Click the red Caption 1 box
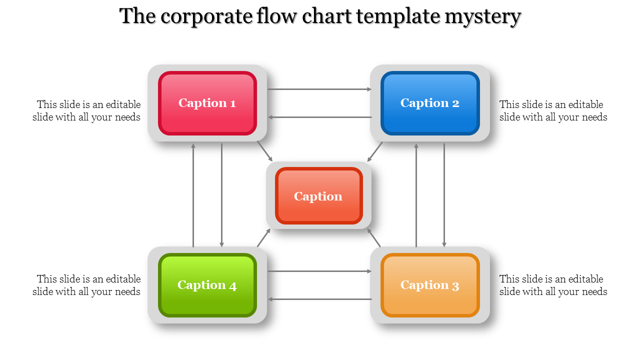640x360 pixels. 207,103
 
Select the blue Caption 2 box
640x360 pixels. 430,103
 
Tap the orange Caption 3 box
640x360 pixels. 430,285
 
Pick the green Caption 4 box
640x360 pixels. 207,285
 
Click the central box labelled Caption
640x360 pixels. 318,196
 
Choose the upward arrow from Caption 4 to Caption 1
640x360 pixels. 193,195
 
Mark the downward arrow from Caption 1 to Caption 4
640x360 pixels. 221,195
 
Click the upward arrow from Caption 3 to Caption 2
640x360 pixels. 416,195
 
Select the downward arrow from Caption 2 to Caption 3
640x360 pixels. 444,195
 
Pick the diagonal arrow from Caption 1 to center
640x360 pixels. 265,151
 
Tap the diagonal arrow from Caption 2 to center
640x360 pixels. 375,151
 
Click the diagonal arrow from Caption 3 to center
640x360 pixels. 374,238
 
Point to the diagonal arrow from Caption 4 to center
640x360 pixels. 264,237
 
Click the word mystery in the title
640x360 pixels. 483,16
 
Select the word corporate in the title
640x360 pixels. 205,16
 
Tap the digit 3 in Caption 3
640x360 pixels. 455,286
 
